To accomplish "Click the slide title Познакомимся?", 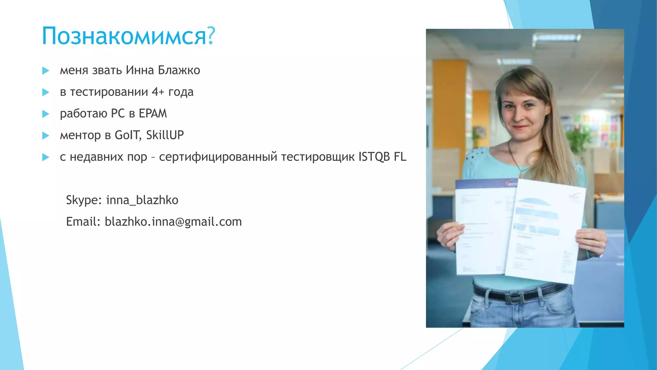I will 128,36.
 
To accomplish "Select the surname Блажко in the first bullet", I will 179,70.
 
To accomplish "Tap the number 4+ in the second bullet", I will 158,92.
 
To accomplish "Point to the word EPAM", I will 153,114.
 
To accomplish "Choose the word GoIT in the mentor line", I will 127,135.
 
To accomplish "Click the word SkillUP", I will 165,135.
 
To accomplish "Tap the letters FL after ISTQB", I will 400,157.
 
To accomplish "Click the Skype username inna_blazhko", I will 142,200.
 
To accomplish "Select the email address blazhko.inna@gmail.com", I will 173,222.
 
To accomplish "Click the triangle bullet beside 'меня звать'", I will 46,71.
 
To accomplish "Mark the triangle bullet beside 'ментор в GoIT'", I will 46,136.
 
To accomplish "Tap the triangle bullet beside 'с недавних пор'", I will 46,157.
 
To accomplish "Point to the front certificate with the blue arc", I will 545,231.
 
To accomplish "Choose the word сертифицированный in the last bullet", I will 218,157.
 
